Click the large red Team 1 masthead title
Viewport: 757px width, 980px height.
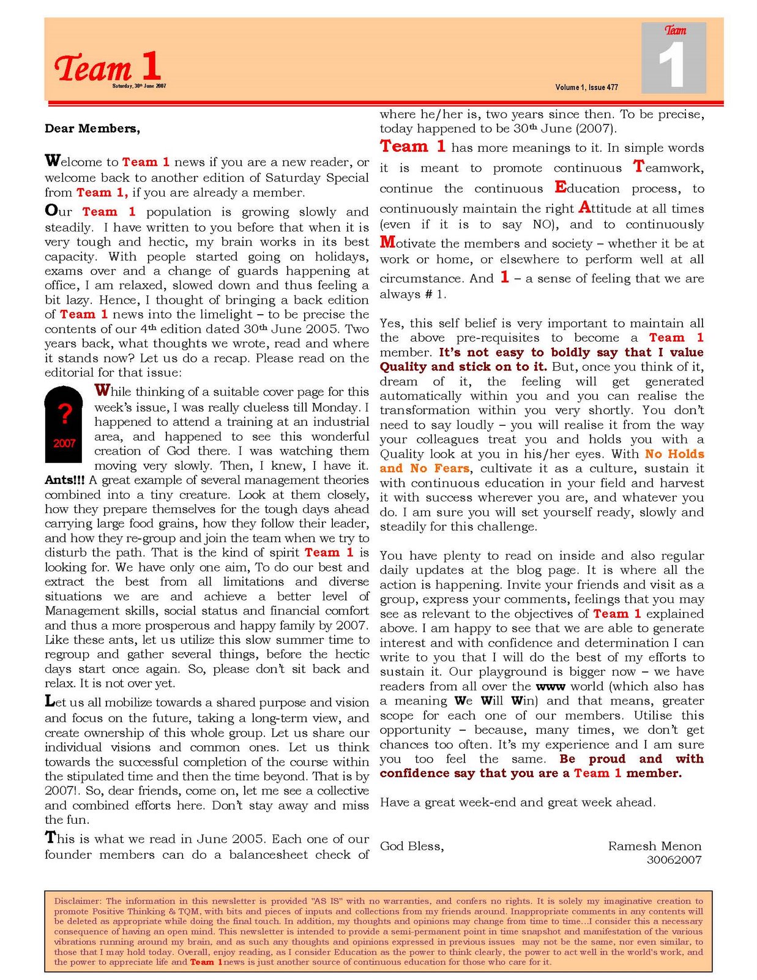click(x=108, y=66)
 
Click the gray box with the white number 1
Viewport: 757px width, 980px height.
click(x=673, y=59)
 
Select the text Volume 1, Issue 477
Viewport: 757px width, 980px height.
click(x=586, y=88)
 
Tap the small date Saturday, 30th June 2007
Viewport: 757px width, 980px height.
click(x=139, y=86)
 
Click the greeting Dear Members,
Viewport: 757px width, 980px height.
click(x=92, y=129)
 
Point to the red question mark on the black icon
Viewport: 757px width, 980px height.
click(x=64, y=413)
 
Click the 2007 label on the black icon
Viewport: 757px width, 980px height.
click(x=64, y=443)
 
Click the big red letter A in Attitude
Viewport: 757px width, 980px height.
click(x=585, y=207)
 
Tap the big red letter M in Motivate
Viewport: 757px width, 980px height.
click(x=387, y=242)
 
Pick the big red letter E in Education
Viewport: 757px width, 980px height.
click(x=561, y=186)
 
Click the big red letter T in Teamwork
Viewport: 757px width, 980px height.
click(x=639, y=166)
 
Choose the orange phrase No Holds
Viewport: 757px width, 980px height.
click(x=674, y=454)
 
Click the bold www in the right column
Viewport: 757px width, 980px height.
click(x=550, y=687)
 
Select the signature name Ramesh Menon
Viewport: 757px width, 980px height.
click(x=655, y=846)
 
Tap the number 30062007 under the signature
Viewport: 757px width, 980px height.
click(x=674, y=860)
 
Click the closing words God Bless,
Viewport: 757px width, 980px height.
click(x=412, y=846)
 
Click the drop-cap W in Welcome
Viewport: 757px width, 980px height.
click(x=53, y=161)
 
